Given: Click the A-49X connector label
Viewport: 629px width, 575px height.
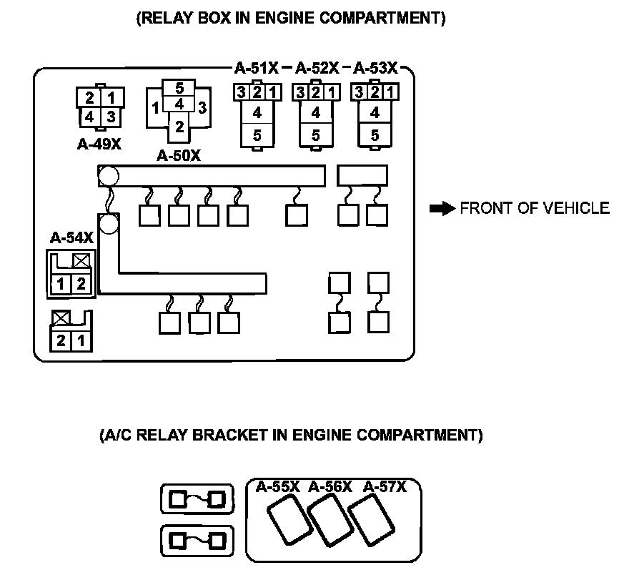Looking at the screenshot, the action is [99, 144].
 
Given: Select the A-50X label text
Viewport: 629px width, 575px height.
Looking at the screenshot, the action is [179, 155].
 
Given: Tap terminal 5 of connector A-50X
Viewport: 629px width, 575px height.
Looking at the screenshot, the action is [179, 87].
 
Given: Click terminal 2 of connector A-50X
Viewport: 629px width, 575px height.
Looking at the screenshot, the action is [179, 127].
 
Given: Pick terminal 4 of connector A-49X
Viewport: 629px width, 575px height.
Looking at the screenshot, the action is [89, 117].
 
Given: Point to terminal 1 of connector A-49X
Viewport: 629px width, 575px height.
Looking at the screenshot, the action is [112, 97].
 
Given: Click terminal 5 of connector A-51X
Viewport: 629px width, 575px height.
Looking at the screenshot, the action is [257, 135].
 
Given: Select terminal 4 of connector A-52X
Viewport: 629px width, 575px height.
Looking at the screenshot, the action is [316, 112].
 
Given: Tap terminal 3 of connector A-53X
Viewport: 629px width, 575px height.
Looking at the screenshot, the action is [359, 92].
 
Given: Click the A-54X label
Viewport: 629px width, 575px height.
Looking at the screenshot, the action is [71, 238].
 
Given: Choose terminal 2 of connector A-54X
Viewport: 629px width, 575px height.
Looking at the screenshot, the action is [81, 284].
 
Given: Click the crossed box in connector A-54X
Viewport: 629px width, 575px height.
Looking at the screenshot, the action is [81, 261].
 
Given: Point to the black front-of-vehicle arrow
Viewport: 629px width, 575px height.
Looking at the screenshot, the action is [442, 209].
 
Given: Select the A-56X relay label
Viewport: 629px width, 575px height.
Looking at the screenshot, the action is [330, 487].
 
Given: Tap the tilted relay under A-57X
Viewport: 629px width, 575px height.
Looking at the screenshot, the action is [371, 520].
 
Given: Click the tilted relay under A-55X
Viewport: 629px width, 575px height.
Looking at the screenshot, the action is [289, 520].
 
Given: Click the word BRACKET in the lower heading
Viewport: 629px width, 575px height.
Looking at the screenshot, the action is [230, 435].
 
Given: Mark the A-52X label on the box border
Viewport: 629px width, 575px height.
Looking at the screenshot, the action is [317, 68].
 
